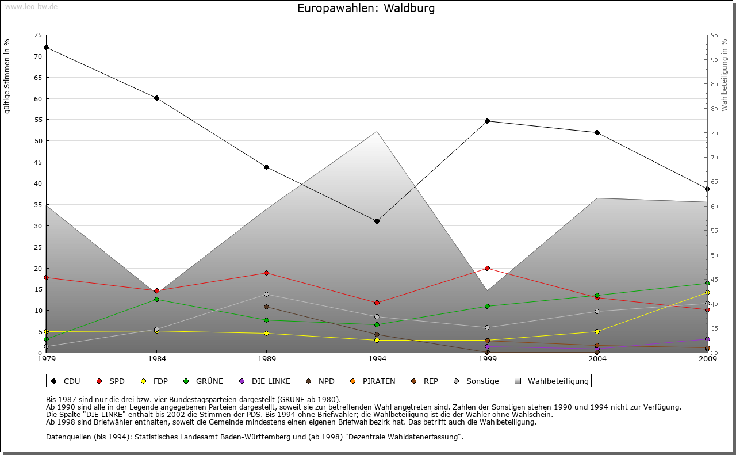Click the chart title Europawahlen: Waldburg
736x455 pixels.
tap(366, 9)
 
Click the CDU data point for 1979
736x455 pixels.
tap(46, 48)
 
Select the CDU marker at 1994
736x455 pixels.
tap(377, 221)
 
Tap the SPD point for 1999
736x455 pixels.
tap(487, 268)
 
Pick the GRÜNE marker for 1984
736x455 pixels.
tap(156, 299)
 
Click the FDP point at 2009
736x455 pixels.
tap(707, 292)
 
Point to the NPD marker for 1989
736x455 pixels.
tap(266, 307)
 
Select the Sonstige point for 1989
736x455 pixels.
tap(266, 294)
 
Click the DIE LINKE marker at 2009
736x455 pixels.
tap(707, 339)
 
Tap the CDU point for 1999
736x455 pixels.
tap(487, 121)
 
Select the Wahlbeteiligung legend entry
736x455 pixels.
tap(552, 381)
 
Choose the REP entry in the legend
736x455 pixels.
tap(425, 381)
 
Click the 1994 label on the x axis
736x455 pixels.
tap(377, 360)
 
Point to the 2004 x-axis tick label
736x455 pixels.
tap(597, 360)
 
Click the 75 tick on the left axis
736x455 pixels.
tap(37, 35)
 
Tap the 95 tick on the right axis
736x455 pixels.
tap(714, 35)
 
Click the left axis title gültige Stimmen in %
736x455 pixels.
tap(7, 77)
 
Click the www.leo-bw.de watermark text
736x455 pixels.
tap(31, 6)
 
